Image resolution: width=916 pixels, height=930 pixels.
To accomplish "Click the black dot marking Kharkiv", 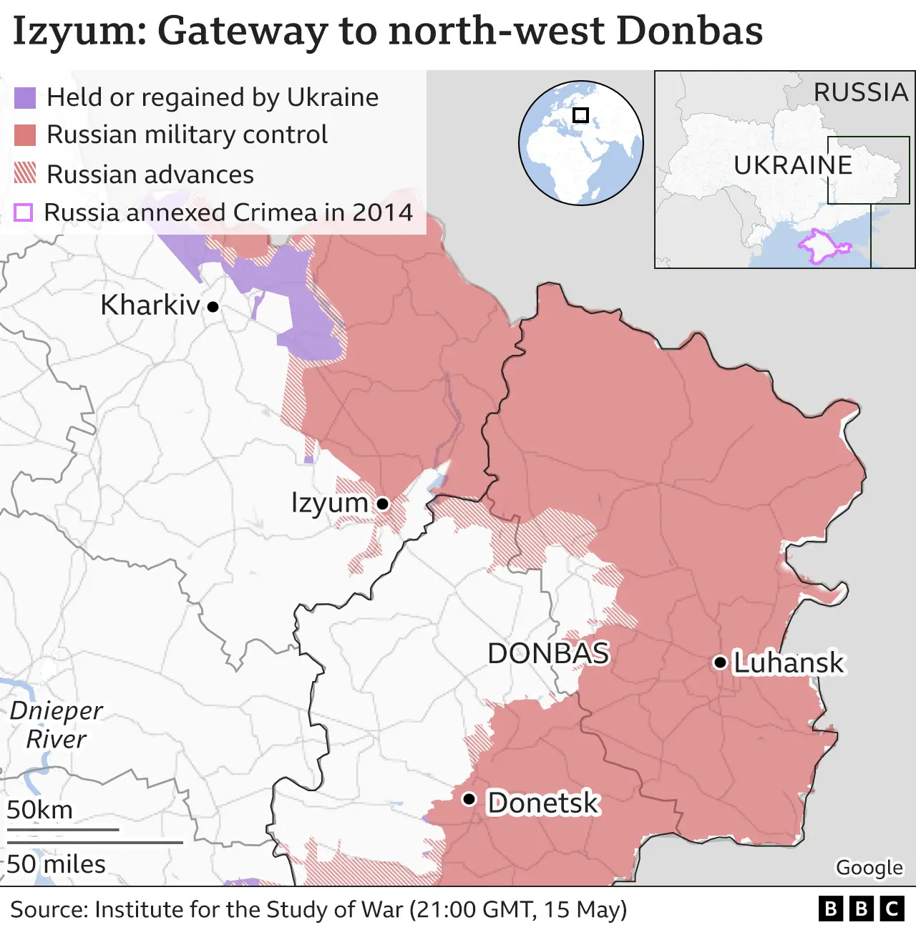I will coord(213,307).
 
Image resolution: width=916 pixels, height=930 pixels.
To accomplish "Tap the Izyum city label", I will coord(329,503).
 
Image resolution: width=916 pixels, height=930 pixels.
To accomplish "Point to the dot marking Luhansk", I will coord(720,662).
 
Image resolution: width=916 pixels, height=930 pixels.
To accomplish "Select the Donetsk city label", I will coord(542,803).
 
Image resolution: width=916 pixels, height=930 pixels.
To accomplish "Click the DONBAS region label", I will coord(548,653).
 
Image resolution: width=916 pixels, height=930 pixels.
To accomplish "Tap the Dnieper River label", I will coord(56,725).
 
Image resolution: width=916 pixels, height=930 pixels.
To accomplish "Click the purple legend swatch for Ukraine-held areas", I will coord(25,98).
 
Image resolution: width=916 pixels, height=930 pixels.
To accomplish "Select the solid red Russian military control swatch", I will coord(25,135).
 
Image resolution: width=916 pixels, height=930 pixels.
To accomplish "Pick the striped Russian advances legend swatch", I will coord(25,173).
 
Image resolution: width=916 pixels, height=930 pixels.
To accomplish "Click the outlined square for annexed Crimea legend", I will coord(24,212).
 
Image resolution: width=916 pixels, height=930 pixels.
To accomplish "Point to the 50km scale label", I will coord(40,810).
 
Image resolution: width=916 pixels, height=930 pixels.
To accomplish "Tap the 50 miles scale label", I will coord(57,864).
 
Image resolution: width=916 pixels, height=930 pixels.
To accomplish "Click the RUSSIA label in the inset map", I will coord(860,92).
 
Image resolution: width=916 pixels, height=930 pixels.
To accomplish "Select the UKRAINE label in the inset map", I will coord(793,165).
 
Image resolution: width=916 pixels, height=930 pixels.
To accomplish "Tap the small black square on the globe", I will coord(580,114).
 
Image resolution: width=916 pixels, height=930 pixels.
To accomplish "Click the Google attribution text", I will coord(869,867).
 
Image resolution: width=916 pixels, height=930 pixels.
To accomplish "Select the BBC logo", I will coord(861,909).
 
